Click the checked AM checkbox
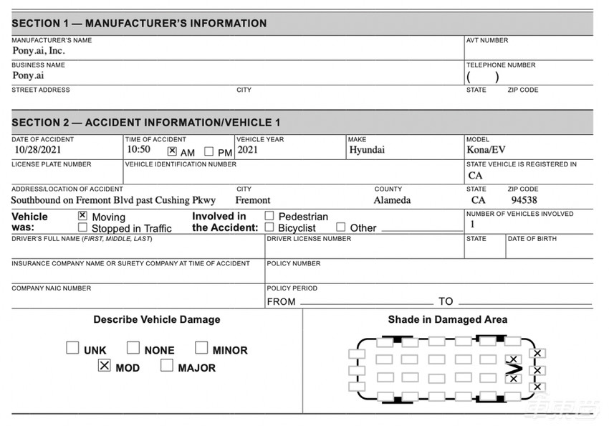pyautogui.click(x=172, y=151)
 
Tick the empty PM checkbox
pyautogui.click(x=209, y=151)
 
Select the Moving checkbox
pyautogui.click(x=82, y=215)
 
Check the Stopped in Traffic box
pyautogui.click(x=82, y=227)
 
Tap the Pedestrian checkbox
pyautogui.click(x=269, y=215)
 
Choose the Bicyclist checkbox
pyautogui.click(x=269, y=227)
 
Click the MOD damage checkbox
pyautogui.click(x=105, y=366)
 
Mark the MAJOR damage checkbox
pyautogui.click(x=167, y=366)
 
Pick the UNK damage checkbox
pyautogui.click(x=72, y=348)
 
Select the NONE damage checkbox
pyautogui.click(x=133, y=348)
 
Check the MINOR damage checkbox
pyautogui.click(x=201, y=348)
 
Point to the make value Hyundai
pyautogui.click(x=367, y=151)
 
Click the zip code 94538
pyautogui.click(x=524, y=200)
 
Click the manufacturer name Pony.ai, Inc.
pyautogui.click(x=39, y=51)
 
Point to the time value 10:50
pyautogui.click(x=138, y=151)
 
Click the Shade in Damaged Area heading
pyautogui.click(x=448, y=319)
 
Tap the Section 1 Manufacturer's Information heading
pyautogui.click(x=139, y=24)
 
